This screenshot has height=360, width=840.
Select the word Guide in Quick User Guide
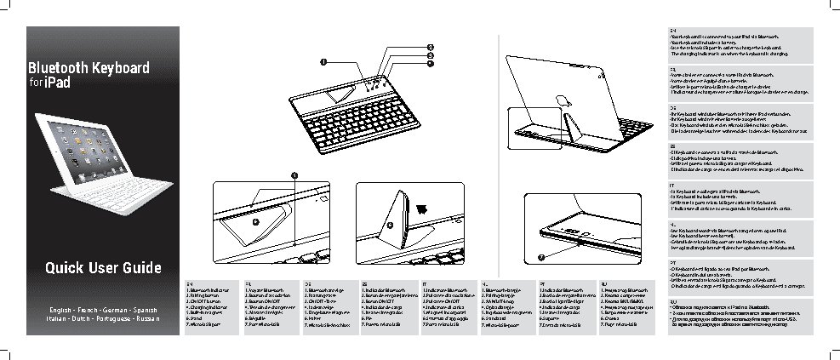[x=137, y=269]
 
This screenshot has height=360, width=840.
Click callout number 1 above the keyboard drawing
[x=324, y=61]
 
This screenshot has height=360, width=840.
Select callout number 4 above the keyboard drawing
[x=431, y=63]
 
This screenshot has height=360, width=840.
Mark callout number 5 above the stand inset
[x=294, y=174]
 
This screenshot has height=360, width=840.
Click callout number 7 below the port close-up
[x=540, y=256]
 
